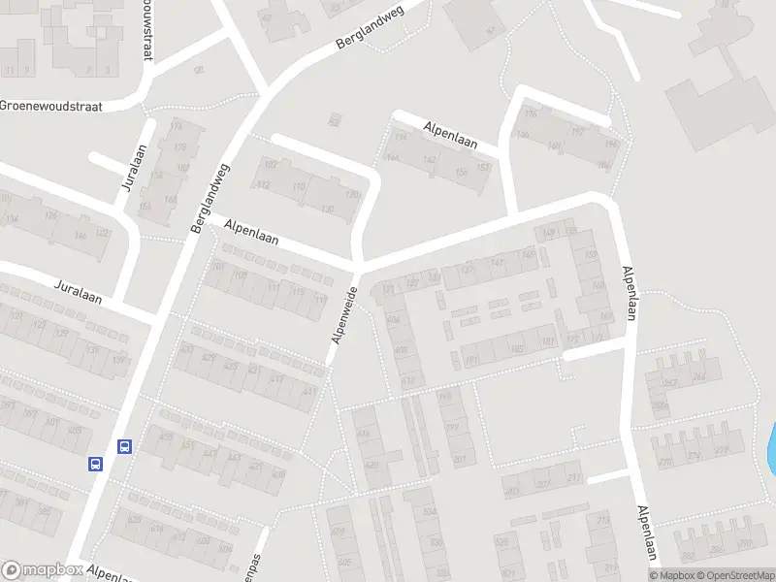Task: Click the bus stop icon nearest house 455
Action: click(x=125, y=447)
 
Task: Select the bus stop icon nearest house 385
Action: click(x=96, y=464)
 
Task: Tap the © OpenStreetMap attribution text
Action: click(x=727, y=575)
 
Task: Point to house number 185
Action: click(x=519, y=347)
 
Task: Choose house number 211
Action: click(x=605, y=519)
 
